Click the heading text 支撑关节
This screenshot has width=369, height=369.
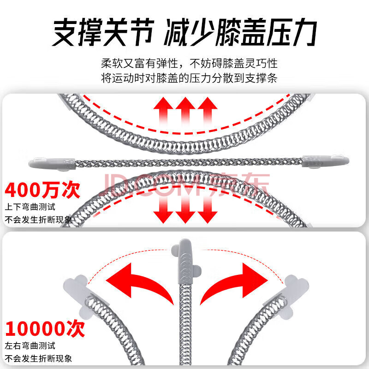click(x=103, y=32)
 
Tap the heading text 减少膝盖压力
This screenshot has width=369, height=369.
click(x=240, y=32)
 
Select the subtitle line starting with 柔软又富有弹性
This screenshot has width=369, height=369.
click(x=190, y=63)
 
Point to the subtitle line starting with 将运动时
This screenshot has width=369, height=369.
click(x=190, y=78)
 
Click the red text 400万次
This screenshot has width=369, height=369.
click(x=42, y=190)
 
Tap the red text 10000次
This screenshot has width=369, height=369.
click(x=45, y=329)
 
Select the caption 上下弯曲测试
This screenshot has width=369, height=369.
click(x=30, y=207)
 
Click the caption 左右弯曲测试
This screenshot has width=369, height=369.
click(x=30, y=345)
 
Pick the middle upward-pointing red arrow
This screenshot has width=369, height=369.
click(x=185, y=111)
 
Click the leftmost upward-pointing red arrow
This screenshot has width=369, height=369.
click(x=163, y=111)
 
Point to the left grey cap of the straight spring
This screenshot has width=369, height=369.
click(x=52, y=163)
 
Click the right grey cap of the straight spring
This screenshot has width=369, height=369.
click(x=326, y=161)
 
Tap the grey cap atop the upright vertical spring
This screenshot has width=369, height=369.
click(x=186, y=261)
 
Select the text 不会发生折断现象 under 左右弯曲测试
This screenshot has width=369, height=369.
click(x=38, y=359)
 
